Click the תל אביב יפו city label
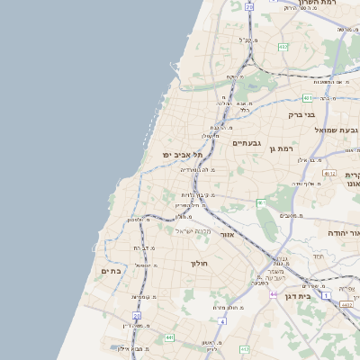tap(179, 155)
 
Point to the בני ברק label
tap(301, 114)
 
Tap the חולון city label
tap(200, 264)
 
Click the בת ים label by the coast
tap(112, 270)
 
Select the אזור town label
tap(227, 234)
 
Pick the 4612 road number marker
tap(330, 174)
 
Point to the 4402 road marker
tap(346, 305)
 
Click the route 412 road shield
tap(244, 348)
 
